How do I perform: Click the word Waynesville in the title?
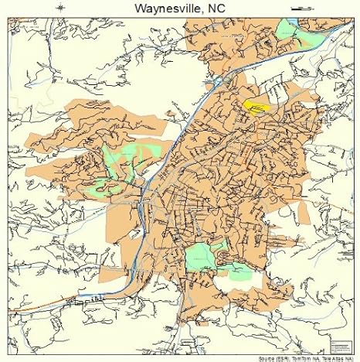pos(163,9)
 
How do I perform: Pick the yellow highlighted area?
pos(254,104)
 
